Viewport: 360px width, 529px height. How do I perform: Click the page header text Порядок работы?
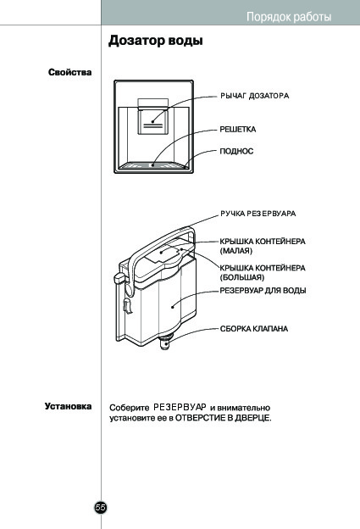coord(289,17)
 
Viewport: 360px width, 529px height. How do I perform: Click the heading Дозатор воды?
coord(156,41)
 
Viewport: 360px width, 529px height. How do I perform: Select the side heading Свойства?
coord(69,72)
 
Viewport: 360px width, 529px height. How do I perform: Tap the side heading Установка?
coord(68,406)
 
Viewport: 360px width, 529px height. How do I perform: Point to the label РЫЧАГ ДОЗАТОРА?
coord(255,96)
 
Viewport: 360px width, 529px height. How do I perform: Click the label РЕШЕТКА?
coord(238,129)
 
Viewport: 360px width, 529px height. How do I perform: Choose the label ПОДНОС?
coord(236,151)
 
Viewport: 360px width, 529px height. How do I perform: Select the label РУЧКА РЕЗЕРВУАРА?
coord(258,214)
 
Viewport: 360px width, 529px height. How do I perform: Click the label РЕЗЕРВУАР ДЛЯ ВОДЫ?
coord(263,291)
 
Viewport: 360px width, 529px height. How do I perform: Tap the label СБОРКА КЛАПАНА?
coord(254,329)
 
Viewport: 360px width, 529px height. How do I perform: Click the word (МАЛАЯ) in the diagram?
coord(236,251)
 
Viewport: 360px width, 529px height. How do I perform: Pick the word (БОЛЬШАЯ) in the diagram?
coord(242,277)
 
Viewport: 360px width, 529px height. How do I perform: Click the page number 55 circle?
coord(101,507)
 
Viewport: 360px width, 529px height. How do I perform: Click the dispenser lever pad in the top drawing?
coord(152,119)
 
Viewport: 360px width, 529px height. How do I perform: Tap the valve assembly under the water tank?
coord(165,341)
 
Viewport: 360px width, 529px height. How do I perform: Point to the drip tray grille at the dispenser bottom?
coord(154,165)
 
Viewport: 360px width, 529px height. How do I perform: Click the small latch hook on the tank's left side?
coord(127,306)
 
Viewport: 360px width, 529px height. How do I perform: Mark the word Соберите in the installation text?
coord(129,408)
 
